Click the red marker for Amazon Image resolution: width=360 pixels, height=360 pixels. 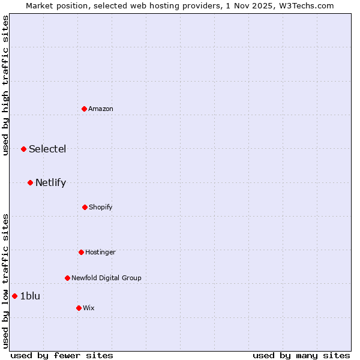85,109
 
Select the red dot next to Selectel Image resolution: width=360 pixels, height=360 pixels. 23,149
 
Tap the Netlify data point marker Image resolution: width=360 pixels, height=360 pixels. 30,182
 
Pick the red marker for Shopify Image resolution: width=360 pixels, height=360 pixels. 85,207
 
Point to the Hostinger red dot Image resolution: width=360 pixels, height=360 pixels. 81,252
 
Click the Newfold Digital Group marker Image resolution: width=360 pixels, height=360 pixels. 67,278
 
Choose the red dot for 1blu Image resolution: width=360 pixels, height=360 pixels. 14,296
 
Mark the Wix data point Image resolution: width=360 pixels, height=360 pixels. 79,308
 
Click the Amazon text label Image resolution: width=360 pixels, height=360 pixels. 101,109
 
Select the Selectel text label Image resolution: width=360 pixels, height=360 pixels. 47,149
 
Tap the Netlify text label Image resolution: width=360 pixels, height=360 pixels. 50,182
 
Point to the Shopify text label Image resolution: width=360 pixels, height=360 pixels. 101,207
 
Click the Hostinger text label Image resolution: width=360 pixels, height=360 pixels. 100,252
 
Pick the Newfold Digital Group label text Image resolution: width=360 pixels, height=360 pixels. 106,278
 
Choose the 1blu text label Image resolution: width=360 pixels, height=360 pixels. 30,296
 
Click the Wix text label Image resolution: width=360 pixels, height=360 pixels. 89,308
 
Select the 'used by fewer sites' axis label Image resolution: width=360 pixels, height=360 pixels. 62,355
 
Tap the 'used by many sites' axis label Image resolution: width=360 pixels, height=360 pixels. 301,355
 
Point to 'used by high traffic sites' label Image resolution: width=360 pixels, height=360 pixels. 5,86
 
